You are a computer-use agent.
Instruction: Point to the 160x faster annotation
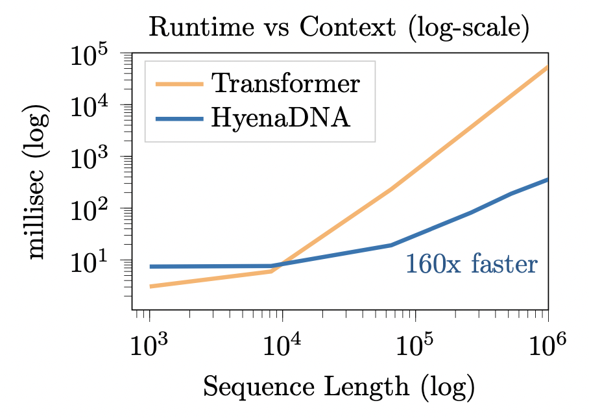(x=471, y=264)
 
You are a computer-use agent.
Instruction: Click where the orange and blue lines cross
(x=280, y=265)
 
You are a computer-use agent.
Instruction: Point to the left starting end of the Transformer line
(x=150, y=286)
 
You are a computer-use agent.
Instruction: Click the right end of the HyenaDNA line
(x=547, y=179)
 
